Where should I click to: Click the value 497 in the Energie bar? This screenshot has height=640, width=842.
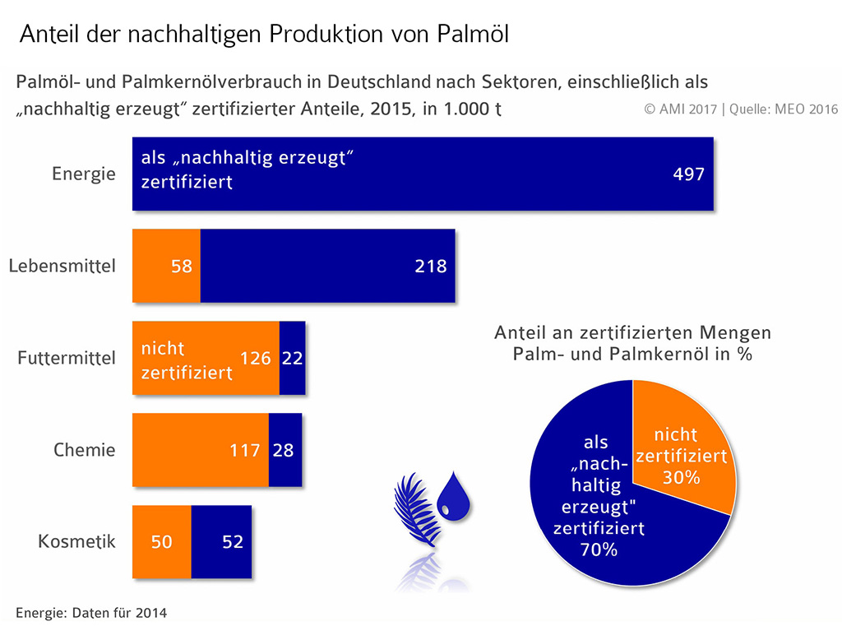pos(688,174)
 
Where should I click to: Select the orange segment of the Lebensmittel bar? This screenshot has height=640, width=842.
pos(166,266)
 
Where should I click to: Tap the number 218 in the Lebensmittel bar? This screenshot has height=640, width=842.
pos(431,266)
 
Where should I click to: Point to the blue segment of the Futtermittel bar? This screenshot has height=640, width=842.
pos(292,358)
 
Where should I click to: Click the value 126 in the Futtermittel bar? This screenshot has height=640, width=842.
pos(256,358)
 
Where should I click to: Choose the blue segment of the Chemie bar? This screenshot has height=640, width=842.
pos(285,450)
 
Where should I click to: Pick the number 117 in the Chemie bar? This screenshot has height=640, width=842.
pos(245,450)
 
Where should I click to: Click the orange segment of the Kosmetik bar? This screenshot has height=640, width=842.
pos(162,542)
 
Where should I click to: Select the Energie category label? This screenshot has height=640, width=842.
pos(84,174)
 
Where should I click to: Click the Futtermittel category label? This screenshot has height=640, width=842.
pos(67,359)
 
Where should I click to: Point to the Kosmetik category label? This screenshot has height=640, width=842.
pos(76,542)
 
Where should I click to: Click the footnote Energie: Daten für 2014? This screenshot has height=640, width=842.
pos(91,613)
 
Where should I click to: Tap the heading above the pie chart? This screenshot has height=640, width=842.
pos(633,344)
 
